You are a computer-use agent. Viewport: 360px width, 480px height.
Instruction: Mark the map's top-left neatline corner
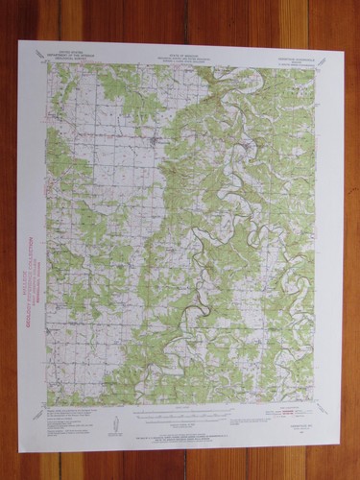click(48, 64)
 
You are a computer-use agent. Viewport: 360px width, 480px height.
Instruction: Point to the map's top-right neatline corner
click(315, 67)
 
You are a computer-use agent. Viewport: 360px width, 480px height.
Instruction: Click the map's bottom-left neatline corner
click(47, 404)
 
